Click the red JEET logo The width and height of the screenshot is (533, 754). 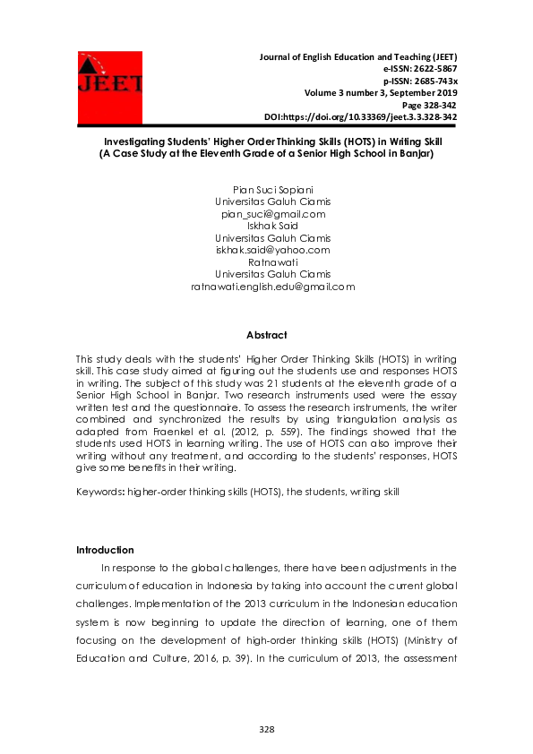click(109, 87)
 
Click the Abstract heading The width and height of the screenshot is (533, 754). click(266, 335)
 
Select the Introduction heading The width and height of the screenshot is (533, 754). click(105, 549)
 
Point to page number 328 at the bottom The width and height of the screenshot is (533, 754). click(266, 730)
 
